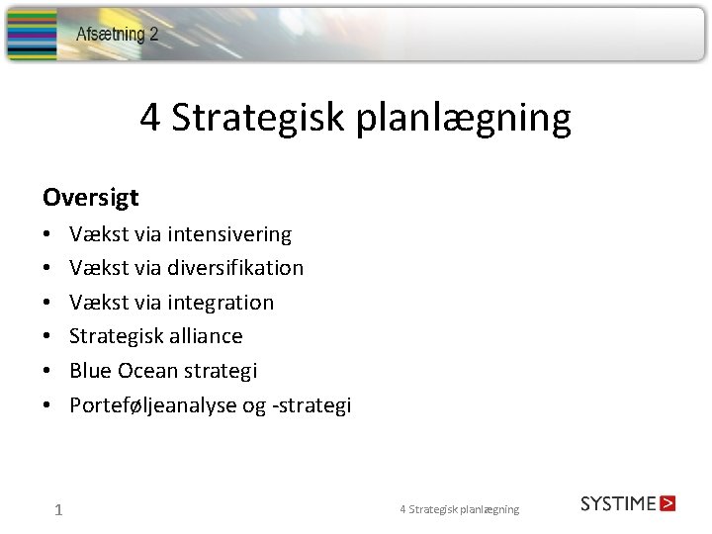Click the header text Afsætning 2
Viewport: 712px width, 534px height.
[118, 35]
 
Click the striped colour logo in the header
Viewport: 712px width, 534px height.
[32, 36]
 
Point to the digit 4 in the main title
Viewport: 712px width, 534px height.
[150, 118]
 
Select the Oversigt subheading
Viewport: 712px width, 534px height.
[90, 198]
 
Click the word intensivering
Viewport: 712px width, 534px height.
[229, 234]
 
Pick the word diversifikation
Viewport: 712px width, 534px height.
[235, 268]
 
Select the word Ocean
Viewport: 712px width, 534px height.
[147, 371]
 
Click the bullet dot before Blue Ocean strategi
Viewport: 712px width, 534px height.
[47, 372]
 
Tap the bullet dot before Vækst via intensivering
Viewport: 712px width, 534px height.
[47, 235]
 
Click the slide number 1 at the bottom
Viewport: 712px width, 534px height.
[59, 510]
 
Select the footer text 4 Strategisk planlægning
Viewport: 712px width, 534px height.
[459, 509]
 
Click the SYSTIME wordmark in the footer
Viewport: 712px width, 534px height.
[618, 503]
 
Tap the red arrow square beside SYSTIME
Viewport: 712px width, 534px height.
[667, 503]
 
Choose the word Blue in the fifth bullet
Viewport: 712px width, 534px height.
[90, 371]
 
